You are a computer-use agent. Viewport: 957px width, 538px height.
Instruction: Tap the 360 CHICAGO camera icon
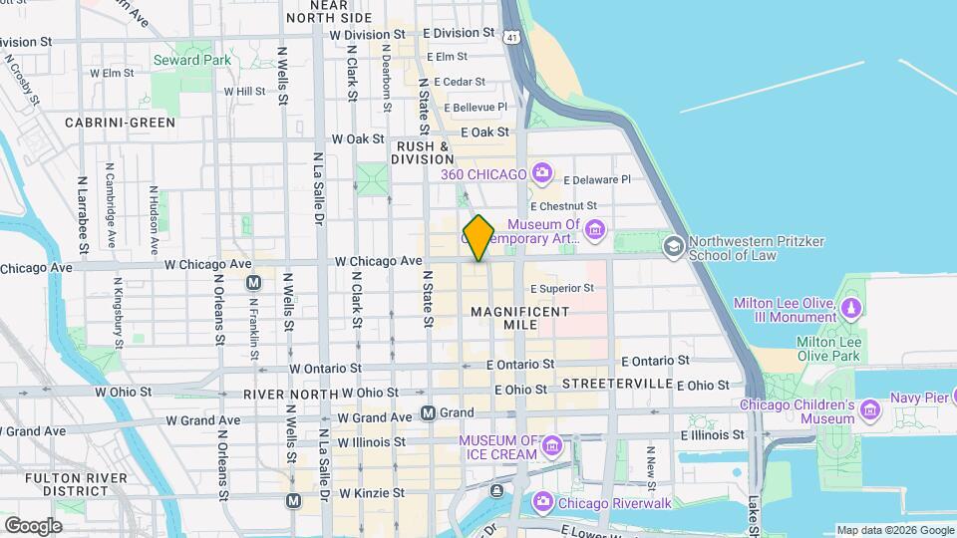click(x=541, y=174)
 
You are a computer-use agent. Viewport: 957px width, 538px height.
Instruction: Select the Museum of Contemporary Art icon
click(x=595, y=231)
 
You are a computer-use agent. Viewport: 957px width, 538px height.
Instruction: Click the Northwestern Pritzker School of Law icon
click(x=675, y=245)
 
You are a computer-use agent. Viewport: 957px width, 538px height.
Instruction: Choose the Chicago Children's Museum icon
click(x=870, y=409)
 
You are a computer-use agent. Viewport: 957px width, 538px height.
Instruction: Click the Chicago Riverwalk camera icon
click(x=543, y=500)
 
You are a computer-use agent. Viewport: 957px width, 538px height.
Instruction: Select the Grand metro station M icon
click(x=428, y=412)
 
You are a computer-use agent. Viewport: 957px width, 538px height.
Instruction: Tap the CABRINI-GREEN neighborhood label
click(x=120, y=123)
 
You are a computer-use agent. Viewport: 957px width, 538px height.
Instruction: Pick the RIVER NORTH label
click(x=290, y=395)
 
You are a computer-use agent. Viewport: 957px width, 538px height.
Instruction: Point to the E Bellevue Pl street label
click(x=476, y=107)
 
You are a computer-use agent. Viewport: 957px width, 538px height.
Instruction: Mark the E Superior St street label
click(x=561, y=289)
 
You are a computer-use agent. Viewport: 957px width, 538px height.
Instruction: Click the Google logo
click(x=33, y=525)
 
